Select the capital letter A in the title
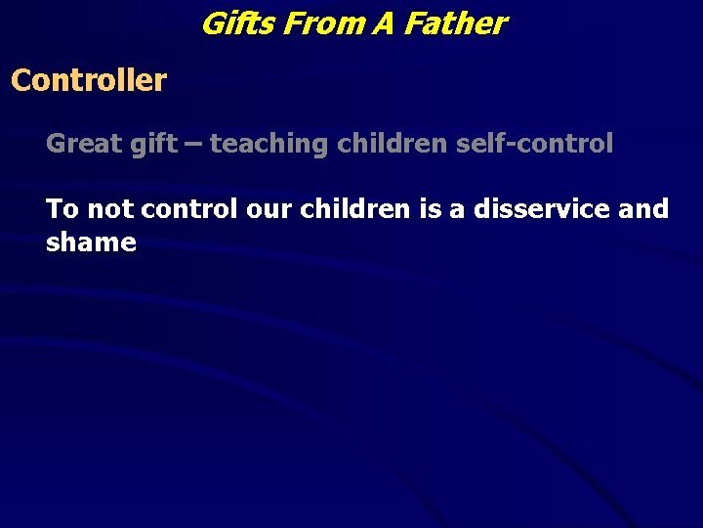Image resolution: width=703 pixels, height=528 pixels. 384,22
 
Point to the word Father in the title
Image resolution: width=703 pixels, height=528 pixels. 455,22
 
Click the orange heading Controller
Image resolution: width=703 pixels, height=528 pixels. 89,80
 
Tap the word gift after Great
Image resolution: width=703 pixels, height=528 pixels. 151,144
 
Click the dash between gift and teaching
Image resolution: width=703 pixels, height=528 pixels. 193,144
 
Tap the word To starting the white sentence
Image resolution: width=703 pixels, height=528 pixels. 62,208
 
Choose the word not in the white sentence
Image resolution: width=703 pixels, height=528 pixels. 111,208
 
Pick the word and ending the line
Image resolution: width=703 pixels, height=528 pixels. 642,208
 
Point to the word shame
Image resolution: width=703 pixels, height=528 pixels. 91,242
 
